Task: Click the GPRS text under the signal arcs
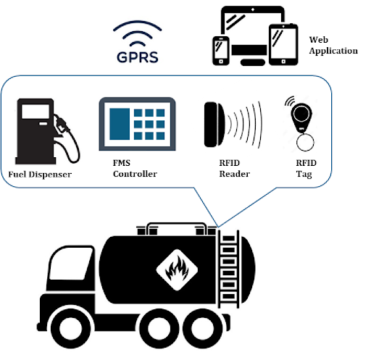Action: (x=138, y=57)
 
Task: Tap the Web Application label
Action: (x=333, y=45)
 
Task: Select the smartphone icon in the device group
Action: (x=221, y=51)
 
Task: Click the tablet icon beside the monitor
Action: (x=283, y=44)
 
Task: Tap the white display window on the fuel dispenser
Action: (x=36, y=112)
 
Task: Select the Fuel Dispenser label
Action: (x=40, y=175)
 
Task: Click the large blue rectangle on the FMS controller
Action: (x=120, y=124)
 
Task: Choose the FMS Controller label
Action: (x=135, y=168)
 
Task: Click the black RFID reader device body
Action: (x=214, y=125)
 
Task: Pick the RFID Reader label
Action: (x=235, y=168)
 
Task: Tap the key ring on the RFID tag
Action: (x=305, y=142)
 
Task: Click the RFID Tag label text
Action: (x=306, y=169)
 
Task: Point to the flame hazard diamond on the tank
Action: (x=177, y=269)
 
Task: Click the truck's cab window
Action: (x=70, y=264)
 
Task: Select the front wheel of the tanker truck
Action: (x=71, y=328)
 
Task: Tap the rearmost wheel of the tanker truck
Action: (x=202, y=328)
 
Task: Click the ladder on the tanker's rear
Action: (x=228, y=269)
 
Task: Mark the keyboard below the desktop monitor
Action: (x=253, y=62)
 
